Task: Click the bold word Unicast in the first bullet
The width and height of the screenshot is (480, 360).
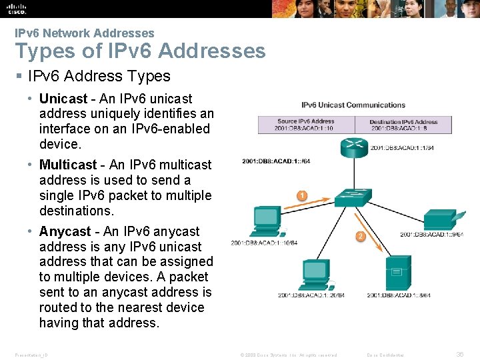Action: (63, 99)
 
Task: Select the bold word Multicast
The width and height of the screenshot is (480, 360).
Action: (68, 165)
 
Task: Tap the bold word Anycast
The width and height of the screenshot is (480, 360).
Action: (65, 231)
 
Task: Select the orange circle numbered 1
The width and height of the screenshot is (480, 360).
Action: (302, 196)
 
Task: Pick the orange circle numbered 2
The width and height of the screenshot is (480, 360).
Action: (361, 236)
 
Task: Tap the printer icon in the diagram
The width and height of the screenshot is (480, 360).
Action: (440, 218)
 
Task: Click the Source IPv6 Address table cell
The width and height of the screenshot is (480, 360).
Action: (305, 125)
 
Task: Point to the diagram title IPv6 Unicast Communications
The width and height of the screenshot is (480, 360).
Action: (353, 105)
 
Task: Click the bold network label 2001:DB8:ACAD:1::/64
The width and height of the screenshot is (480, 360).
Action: (276, 161)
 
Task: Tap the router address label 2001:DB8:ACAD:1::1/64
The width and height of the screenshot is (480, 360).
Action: (402, 148)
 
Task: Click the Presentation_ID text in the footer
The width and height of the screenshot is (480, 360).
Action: (31, 355)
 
